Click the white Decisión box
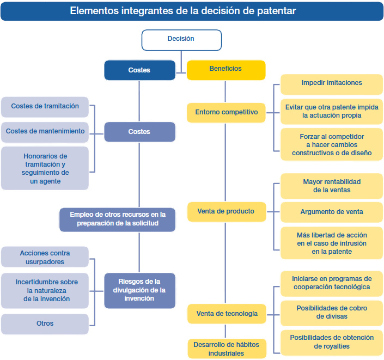tap(181, 40)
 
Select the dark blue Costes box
tap(139, 70)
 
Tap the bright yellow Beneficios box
tap(226, 70)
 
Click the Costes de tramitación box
tap(45, 107)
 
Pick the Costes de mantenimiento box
tap(45, 132)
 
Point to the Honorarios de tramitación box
tap(45, 168)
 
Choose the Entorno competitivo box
tap(226, 113)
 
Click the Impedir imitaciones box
tap(332, 84)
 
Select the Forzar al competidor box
tap(332, 144)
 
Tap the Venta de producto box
tap(227, 212)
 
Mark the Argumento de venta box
tap(332, 212)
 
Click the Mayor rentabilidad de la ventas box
tap(332, 186)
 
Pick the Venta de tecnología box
tap(227, 314)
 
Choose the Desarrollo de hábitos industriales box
tap(227, 349)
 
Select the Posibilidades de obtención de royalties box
tap(332, 343)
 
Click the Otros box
tap(45, 324)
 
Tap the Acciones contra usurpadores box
tap(45, 257)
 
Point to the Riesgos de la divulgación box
tap(139, 291)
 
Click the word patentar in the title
tap(277, 11)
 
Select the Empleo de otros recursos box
tap(117, 219)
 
